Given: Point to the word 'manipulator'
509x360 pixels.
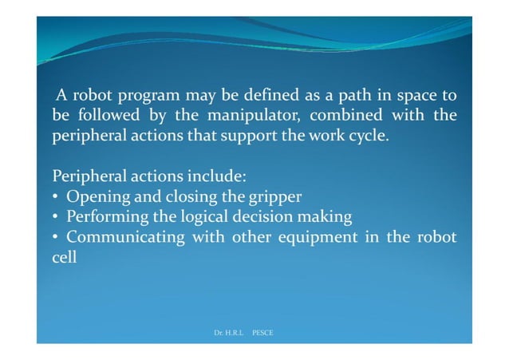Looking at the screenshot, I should point(230,117).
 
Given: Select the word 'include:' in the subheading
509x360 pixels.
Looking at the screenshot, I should point(215,176).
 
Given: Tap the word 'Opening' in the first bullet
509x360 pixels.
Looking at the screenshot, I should point(94,196).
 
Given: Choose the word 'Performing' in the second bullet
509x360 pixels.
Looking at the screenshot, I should point(106,217).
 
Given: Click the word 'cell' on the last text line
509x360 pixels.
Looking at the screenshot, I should point(64,257).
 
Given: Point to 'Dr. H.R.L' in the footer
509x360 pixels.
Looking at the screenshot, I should point(228,331).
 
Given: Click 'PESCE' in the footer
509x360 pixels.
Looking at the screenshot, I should point(262,331).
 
